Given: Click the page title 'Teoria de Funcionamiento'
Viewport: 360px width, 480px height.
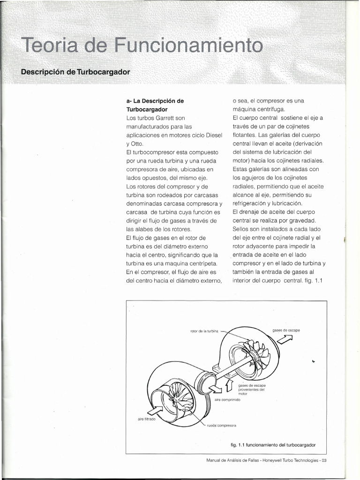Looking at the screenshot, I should [x=140, y=46].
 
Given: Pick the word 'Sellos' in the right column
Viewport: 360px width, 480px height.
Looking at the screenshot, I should [x=242, y=229].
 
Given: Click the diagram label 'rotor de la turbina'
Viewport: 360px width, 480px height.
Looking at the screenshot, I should [x=204, y=331].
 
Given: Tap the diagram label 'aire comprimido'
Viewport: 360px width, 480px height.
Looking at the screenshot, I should [x=227, y=399].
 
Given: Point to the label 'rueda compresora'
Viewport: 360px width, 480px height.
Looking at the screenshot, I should [x=221, y=425].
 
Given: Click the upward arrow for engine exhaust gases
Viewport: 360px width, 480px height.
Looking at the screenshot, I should [x=229, y=386].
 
